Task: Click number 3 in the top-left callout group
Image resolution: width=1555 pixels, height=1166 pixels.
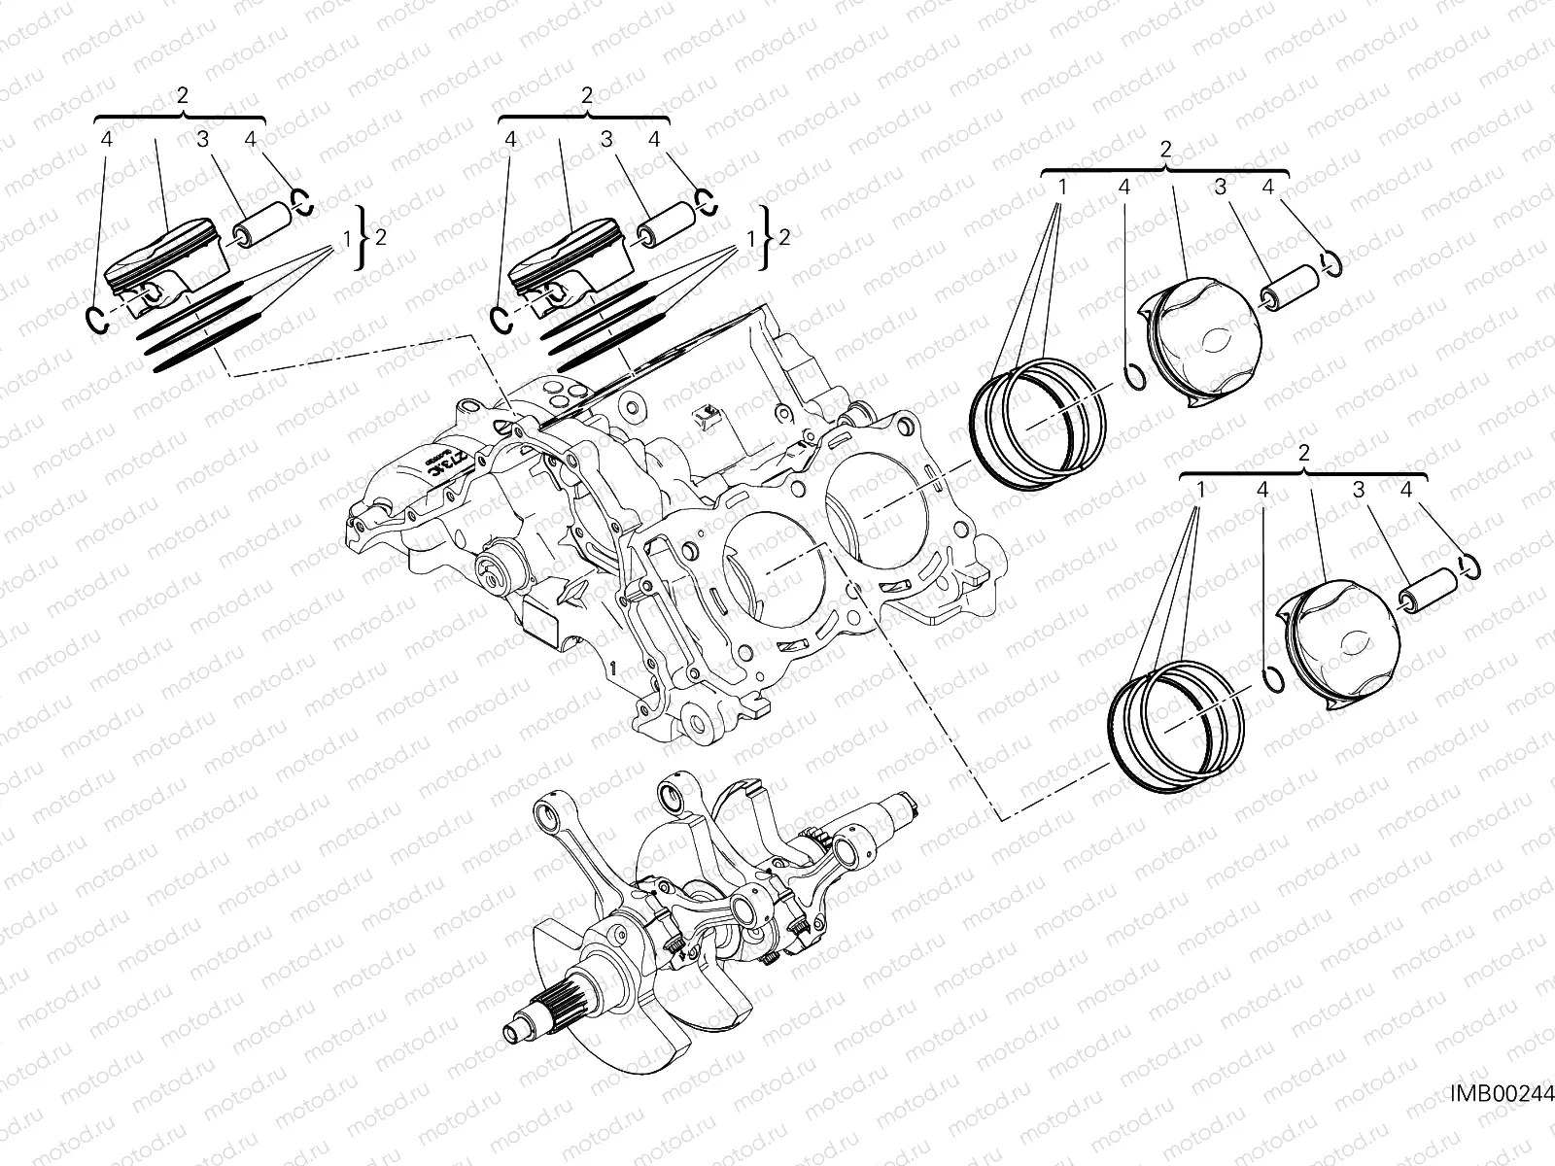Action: [202, 140]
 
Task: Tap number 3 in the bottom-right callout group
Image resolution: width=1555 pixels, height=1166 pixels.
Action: [1360, 491]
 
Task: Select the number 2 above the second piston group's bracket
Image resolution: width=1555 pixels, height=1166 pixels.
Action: [586, 94]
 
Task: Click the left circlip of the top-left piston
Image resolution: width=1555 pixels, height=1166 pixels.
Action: [94, 318]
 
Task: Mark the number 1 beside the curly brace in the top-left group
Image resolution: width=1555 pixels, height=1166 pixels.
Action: [347, 237]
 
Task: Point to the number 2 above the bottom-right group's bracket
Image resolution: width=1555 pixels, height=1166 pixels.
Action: [1303, 454]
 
